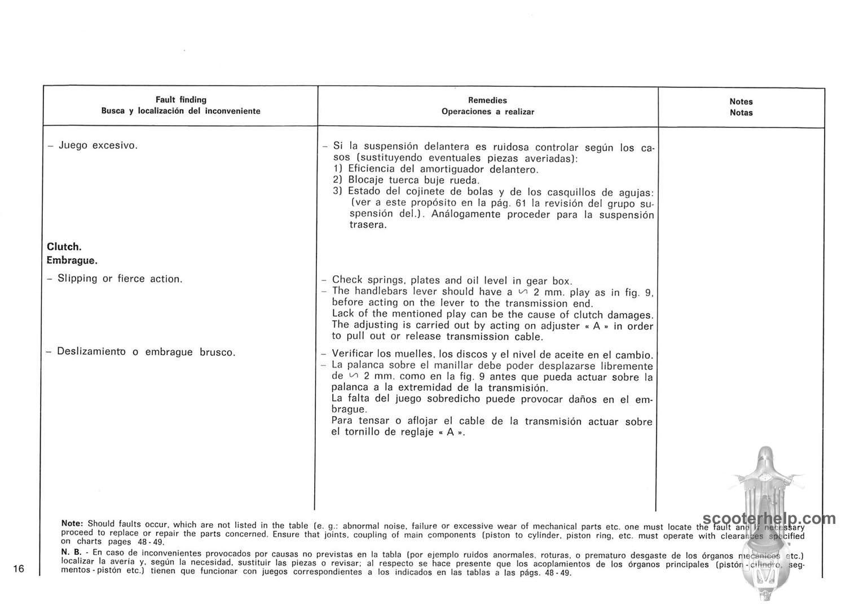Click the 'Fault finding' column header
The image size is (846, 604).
pos(180,100)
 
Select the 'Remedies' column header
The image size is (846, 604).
pos(487,100)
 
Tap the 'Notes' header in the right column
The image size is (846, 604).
pos(741,102)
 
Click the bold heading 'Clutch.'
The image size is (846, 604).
pos(64,247)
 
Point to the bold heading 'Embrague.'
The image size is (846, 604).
pos(72,261)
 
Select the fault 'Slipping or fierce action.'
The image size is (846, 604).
pos(120,279)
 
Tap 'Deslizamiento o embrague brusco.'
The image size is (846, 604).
pos(146,352)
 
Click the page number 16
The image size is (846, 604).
pos(19,568)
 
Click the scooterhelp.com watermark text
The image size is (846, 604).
pos(769,519)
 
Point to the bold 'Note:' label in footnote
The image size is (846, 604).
pos(72,523)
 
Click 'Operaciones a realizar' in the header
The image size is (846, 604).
pos(487,112)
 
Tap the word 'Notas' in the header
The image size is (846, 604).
pos(741,113)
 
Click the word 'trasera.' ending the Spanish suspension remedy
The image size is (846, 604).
pos(368,225)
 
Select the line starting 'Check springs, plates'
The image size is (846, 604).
pos(452,280)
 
